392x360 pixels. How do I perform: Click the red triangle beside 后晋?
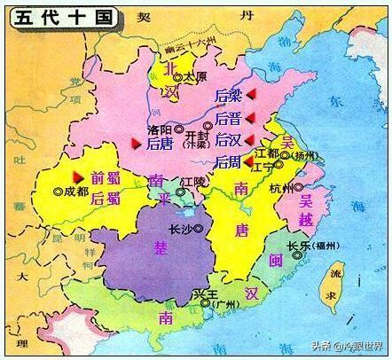[251, 118]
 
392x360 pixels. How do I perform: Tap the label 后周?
[227, 161]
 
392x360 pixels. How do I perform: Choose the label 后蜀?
[104, 199]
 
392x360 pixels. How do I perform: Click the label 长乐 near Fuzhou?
[298, 247]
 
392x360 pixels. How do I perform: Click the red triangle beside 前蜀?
[81, 176]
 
